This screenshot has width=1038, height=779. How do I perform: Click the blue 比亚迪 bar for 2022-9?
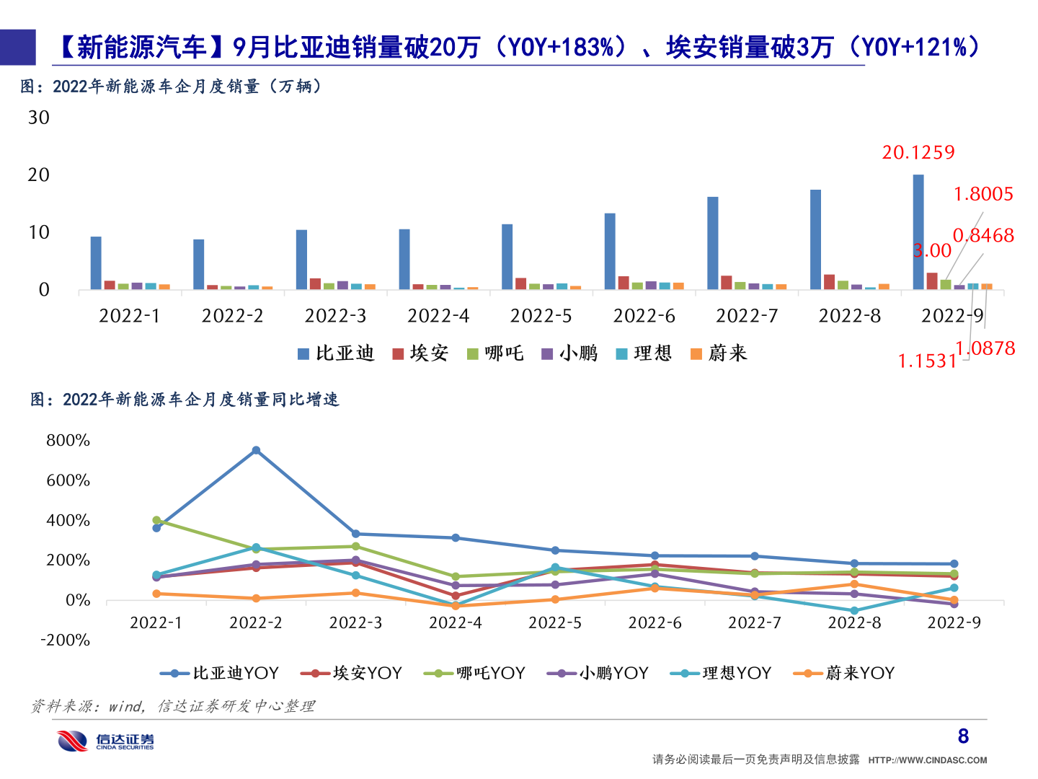(x=918, y=232)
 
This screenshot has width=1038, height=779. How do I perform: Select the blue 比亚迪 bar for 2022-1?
(x=96, y=263)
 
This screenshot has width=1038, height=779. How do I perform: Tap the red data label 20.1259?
(x=918, y=152)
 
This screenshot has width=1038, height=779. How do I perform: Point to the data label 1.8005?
(x=983, y=194)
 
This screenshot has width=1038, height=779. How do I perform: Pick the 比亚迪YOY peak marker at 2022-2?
(x=256, y=450)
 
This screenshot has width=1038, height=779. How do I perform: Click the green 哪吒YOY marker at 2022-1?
(x=156, y=520)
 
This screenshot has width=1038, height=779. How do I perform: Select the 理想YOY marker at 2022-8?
(x=854, y=611)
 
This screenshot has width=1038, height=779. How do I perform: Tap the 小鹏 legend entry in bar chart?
(x=570, y=353)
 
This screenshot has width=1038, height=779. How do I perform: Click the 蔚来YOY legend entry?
(x=844, y=673)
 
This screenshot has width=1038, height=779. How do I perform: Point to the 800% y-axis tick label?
(x=68, y=440)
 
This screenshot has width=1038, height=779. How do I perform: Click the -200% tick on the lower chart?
(x=65, y=640)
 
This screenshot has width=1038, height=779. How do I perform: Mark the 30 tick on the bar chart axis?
(x=39, y=118)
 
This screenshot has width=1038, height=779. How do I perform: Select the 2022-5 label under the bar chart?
(x=541, y=316)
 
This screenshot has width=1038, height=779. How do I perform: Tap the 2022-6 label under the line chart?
(x=655, y=622)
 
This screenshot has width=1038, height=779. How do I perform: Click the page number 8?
(x=963, y=736)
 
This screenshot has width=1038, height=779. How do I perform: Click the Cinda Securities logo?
(x=106, y=741)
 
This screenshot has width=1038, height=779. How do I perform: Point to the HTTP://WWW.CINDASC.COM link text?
(x=927, y=760)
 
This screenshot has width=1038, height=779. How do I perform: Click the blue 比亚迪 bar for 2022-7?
(x=712, y=243)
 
